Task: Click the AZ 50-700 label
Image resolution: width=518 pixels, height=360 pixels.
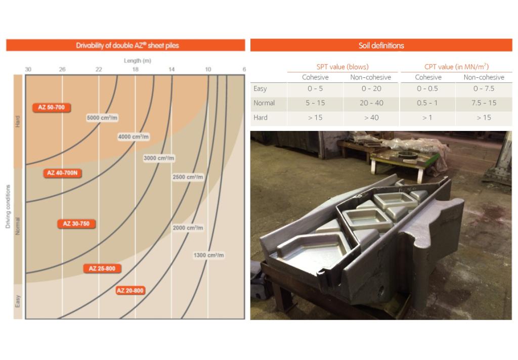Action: click(52, 108)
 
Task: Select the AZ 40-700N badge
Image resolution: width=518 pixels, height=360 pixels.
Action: click(64, 173)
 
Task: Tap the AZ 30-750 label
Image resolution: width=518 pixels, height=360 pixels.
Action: click(76, 223)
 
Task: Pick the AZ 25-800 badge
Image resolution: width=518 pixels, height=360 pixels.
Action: click(102, 268)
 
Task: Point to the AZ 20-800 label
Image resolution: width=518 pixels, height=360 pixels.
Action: click(130, 291)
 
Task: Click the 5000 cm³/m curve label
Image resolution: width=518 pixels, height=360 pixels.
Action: click(102, 118)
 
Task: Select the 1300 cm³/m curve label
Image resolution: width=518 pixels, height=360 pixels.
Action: click(208, 255)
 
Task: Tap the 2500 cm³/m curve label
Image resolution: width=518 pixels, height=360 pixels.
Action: click(188, 177)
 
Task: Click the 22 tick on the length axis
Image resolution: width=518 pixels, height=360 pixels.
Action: click(99, 69)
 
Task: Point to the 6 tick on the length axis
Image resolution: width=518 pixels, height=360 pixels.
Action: click(244, 69)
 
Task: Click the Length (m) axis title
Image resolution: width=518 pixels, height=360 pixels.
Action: click(138, 61)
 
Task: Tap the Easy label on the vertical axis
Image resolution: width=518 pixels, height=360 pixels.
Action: click(18, 302)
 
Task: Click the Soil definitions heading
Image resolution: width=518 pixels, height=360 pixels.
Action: click(381, 46)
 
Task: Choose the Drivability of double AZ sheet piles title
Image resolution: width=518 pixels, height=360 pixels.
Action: click(127, 46)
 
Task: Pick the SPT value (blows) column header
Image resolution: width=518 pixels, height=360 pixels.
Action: click(342, 67)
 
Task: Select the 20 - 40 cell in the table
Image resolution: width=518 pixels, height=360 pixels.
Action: click(371, 103)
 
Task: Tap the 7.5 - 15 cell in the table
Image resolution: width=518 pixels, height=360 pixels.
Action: click(484, 103)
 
